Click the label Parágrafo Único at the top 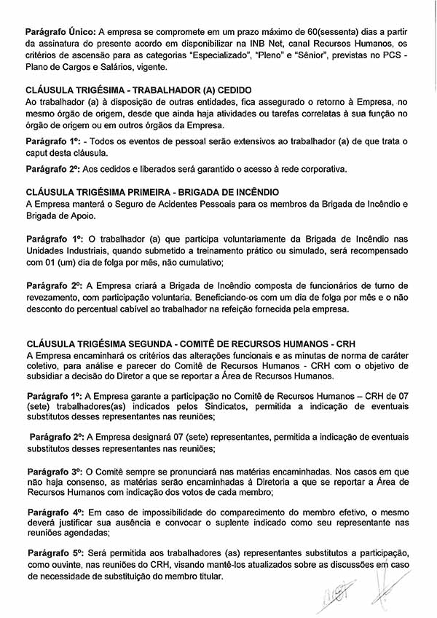click(x=60, y=34)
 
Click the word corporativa click(x=317, y=170)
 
